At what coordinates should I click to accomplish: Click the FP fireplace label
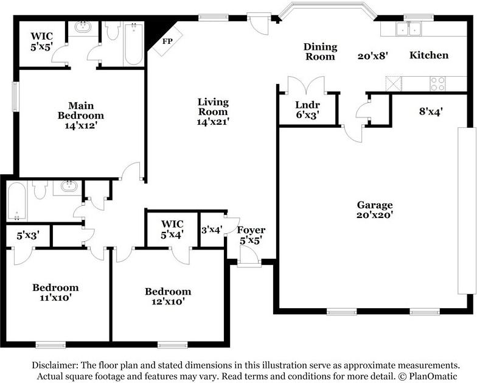tap(167, 41)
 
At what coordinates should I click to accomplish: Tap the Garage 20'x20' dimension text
tap(375, 215)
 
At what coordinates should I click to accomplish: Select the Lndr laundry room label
tap(307, 105)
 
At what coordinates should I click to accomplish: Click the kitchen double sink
tap(409, 29)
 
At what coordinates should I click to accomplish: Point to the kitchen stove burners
tap(437, 84)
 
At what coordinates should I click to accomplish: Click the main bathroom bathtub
tap(134, 44)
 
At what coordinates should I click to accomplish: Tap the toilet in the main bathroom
tap(113, 30)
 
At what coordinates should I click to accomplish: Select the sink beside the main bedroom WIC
tap(83, 27)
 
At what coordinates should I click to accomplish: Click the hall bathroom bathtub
tap(17, 201)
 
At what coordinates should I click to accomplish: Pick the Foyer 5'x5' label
tap(251, 235)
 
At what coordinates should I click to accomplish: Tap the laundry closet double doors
tap(306, 85)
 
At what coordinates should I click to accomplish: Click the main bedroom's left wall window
tap(15, 96)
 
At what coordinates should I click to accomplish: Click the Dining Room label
tap(320, 51)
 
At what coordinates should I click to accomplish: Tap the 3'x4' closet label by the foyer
tap(212, 229)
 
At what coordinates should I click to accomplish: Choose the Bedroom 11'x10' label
tap(55, 292)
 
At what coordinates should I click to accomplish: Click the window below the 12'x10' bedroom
tap(173, 345)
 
